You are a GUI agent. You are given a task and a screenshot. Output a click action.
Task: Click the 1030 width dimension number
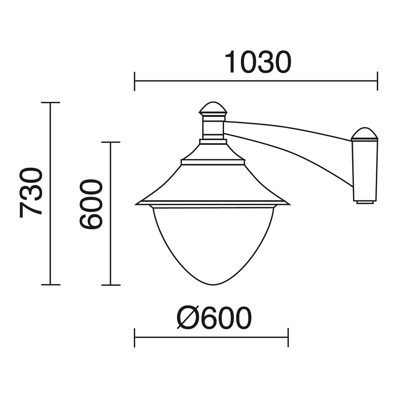[258, 62]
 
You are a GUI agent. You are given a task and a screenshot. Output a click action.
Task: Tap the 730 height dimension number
[31, 193]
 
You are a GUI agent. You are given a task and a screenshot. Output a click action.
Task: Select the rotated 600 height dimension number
[91, 204]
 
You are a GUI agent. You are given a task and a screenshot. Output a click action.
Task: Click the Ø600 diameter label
[214, 318]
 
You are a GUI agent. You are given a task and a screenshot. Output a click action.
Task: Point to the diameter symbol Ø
[187, 318]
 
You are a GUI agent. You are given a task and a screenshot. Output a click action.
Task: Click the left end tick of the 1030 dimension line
[135, 81]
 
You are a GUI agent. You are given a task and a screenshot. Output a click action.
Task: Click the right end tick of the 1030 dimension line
[377, 81]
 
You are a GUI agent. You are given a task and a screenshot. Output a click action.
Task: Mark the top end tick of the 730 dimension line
[51, 102]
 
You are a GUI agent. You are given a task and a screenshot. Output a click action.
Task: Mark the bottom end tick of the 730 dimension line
[51, 285]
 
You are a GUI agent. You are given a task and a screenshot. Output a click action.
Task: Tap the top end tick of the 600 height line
[111, 142]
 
